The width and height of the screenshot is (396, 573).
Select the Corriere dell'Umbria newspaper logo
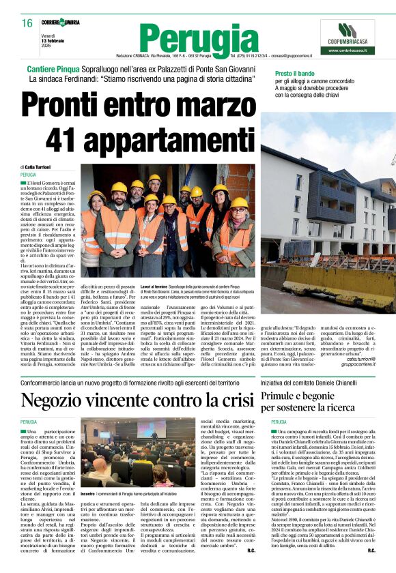[59, 23]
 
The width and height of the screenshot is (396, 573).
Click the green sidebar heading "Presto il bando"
[296, 73]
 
